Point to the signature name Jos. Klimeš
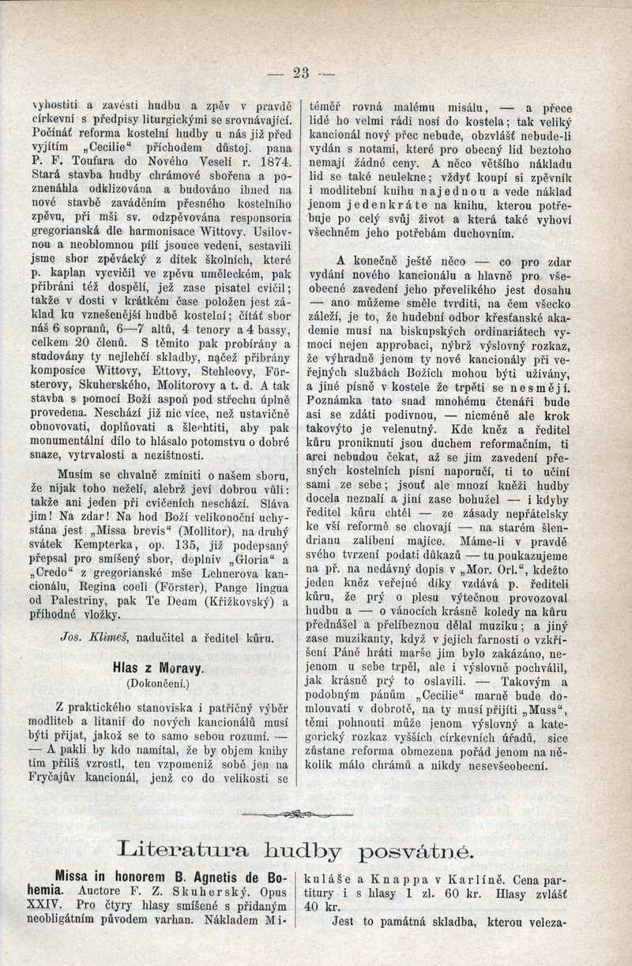tap(92, 637)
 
